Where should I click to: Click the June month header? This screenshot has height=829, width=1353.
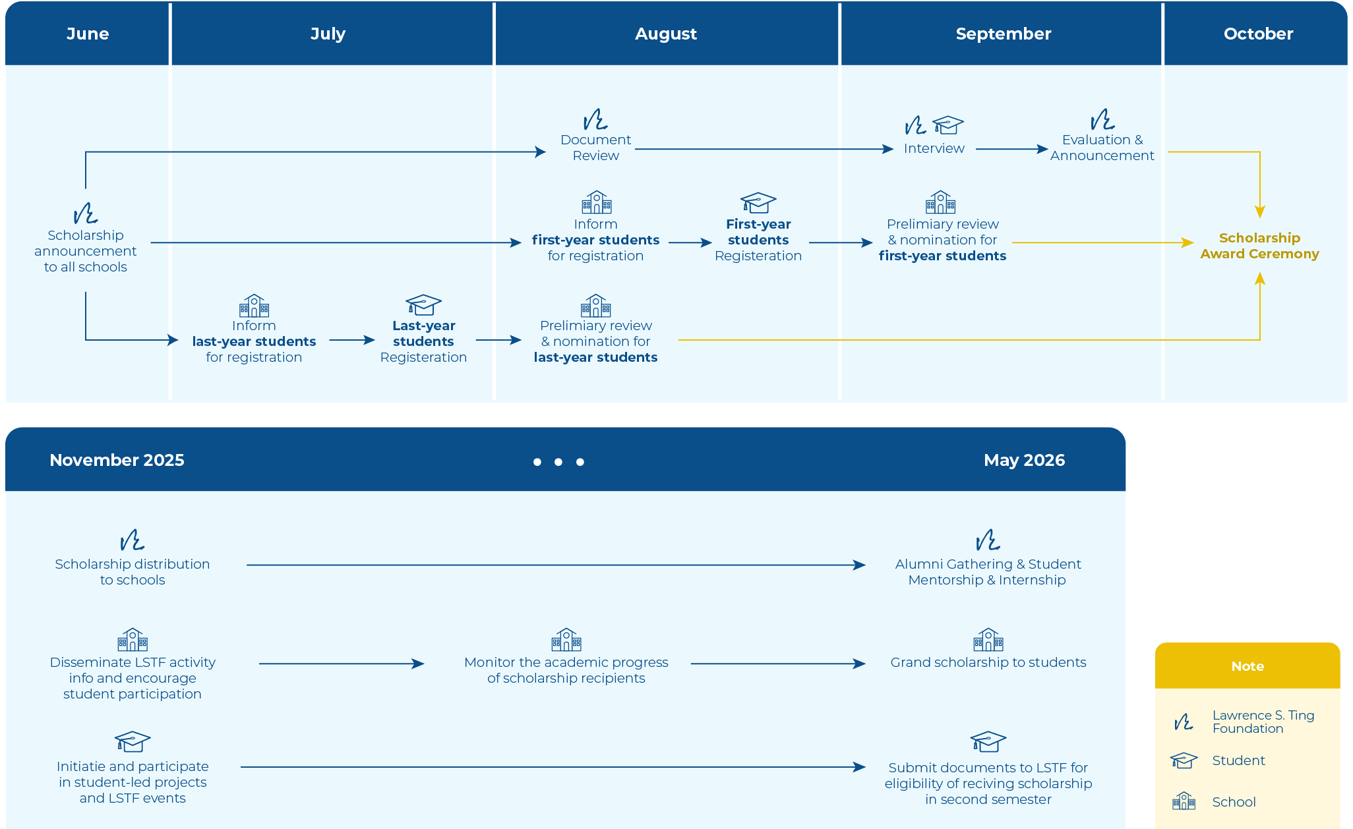[88, 34]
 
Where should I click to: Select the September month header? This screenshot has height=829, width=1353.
[1003, 34]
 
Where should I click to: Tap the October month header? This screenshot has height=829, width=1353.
[1258, 34]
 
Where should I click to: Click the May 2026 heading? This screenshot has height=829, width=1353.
[1024, 460]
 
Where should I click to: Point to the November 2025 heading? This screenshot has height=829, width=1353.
[117, 460]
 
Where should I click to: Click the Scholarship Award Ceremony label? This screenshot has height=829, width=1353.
[1259, 246]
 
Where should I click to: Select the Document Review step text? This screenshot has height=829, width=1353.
[595, 148]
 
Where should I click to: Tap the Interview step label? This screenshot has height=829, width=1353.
[934, 148]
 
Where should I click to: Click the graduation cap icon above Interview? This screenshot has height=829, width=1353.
[948, 125]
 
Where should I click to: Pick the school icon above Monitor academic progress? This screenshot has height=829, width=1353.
[566, 639]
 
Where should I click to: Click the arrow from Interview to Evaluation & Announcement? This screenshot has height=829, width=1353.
[1012, 149]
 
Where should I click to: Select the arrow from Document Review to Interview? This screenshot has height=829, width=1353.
[764, 149]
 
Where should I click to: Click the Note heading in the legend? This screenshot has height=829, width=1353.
[1248, 666]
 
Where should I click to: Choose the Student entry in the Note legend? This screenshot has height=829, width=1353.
[1238, 760]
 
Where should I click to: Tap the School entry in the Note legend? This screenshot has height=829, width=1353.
[1234, 802]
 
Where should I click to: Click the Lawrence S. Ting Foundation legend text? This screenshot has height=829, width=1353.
[1263, 722]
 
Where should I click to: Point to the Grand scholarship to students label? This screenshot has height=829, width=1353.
[988, 662]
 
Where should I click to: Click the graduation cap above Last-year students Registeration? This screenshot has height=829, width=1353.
[423, 304]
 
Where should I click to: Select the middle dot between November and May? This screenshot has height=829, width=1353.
[558, 462]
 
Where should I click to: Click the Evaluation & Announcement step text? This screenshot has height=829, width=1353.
[1102, 148]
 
